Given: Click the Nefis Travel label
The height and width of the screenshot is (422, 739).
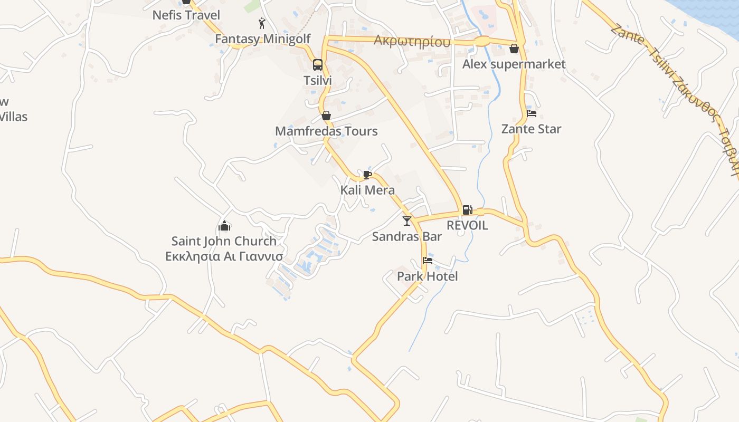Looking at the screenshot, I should [186, 15].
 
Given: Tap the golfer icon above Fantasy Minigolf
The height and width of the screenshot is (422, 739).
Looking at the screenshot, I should [262, 23].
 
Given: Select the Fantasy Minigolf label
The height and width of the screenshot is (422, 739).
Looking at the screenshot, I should [262, 39].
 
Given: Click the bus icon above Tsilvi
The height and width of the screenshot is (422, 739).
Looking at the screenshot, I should [317, 65].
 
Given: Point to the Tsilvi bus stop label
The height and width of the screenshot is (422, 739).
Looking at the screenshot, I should [317, 80].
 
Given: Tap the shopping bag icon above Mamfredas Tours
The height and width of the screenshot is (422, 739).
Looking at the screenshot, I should [326, 116].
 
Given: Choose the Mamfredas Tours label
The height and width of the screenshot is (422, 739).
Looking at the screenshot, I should [326, 131].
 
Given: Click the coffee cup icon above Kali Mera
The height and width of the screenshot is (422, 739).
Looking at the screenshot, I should [367, 175].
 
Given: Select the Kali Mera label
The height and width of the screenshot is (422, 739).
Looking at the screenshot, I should [367, 190].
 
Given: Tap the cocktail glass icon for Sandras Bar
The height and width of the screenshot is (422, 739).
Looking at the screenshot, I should [406, 220].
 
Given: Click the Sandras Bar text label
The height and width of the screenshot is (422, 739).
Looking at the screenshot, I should [406, 236].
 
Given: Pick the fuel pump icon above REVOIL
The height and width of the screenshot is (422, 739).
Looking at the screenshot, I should [467, 210].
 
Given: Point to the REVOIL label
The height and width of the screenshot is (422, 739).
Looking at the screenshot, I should [467, 225].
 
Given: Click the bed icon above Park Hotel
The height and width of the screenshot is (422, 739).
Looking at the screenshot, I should [428, 261].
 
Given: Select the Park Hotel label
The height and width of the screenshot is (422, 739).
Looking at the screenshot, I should [427, 276].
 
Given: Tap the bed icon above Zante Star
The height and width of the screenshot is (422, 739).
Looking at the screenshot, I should [532, 113].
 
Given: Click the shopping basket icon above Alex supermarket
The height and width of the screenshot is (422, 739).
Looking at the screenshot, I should [514, 49].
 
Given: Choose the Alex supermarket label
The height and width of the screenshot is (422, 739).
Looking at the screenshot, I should [514, 64].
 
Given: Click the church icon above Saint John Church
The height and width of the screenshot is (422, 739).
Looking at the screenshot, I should [224, 226].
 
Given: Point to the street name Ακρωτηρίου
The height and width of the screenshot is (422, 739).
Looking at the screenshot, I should [412, 41].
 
